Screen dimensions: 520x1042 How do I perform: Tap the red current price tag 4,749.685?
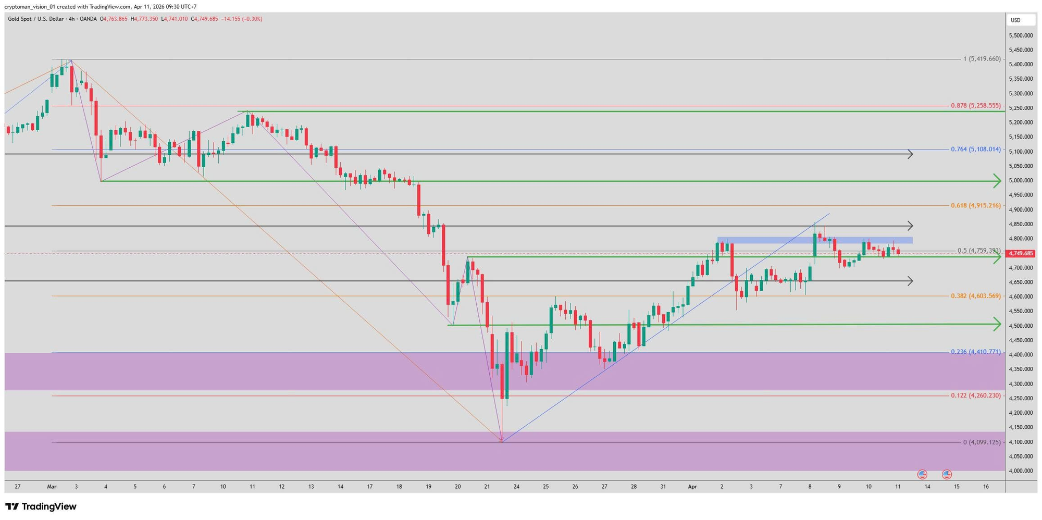coord(1021,254)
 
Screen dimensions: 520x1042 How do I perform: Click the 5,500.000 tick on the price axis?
coord(1021,35)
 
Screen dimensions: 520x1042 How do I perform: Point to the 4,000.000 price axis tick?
coord(1021,471)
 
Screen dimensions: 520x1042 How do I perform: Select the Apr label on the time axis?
coord(692,487)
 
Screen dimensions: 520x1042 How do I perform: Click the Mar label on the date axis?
coord(52,487)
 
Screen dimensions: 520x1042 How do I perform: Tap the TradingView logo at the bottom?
coord(41,506)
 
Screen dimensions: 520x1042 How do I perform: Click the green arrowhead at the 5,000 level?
coord(997,181)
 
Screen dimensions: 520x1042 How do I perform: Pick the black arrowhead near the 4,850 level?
coord(910,226)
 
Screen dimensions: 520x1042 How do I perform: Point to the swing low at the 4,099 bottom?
coord(502,441)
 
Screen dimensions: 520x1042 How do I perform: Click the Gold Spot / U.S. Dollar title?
coord(36,19)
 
